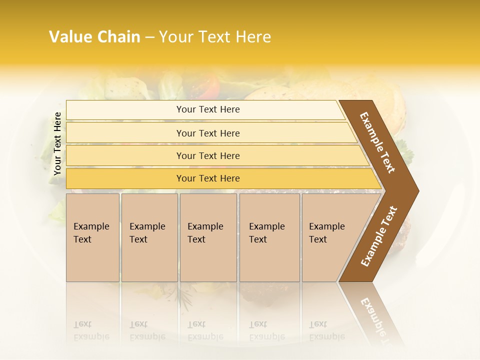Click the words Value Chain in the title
(x=94, y=37)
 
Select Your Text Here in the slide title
(x=215, y=37)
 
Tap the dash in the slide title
(x=149, y=37)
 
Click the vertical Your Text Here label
(x=57, y=143)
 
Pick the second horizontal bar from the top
(x=208, y=133)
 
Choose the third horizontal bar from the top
(x=208, y=155)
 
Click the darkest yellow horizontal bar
(x=208, y=178)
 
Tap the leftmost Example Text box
(x=92, y=237)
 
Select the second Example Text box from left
(x=149, y=237)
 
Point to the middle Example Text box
(x=208, y=237)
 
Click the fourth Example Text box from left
(x=269, y=237)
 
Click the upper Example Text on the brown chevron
(x=377, y=142)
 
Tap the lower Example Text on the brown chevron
(x=379, y=236)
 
